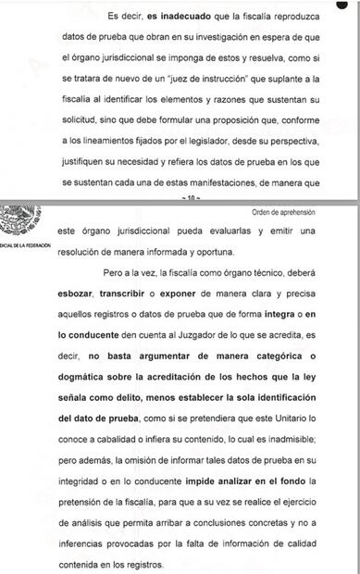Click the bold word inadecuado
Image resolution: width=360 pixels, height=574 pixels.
coord(180,16)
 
